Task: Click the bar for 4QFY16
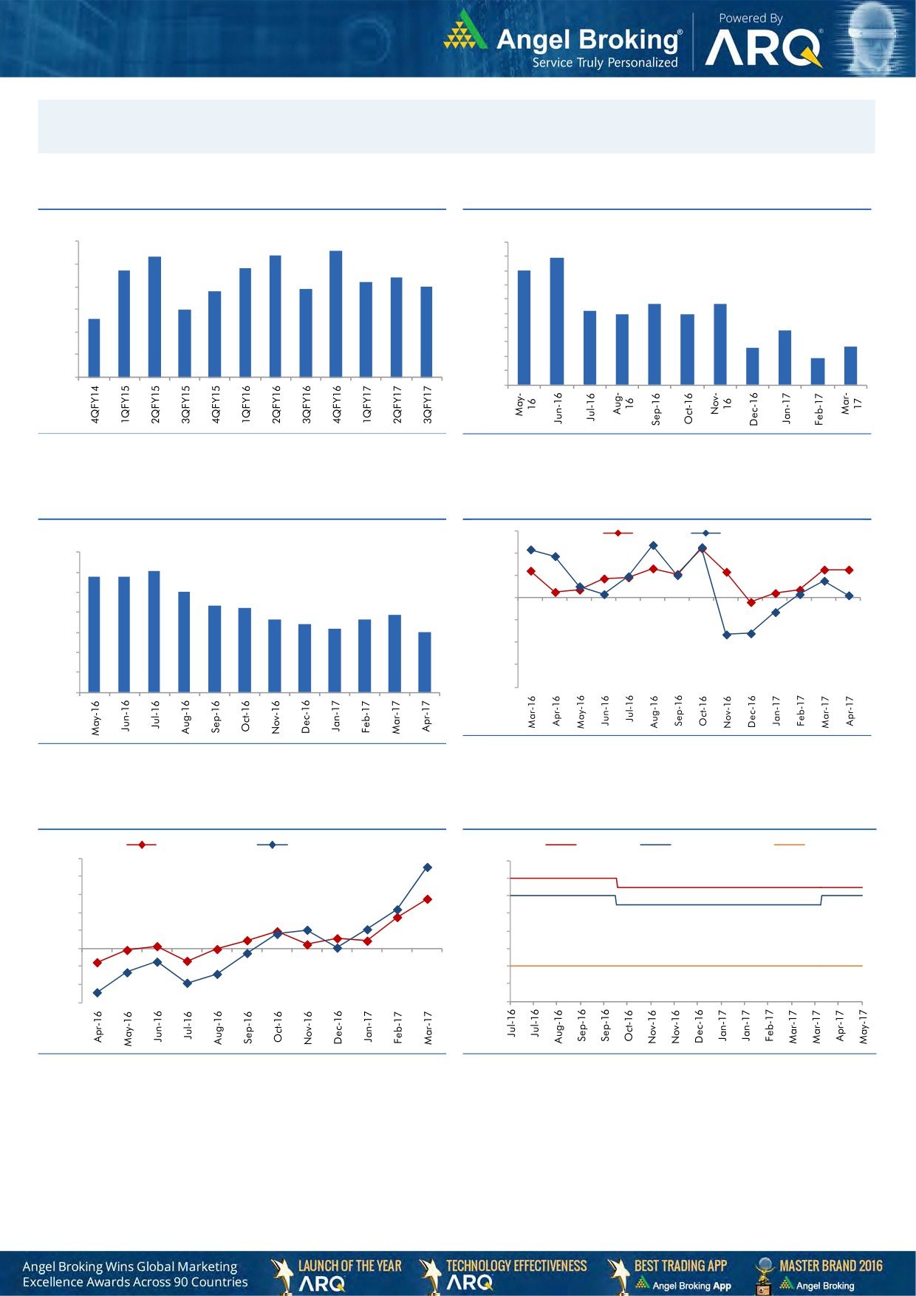[x=335, y=314]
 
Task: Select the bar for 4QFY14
[x=94, y=348]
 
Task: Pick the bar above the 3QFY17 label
[x=426, y=332]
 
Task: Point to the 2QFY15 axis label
[x=155, y=403]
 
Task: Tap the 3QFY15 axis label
[x=185, y=403]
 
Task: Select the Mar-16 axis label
[x=532, y=712]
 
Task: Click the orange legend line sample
[x=788, y=845]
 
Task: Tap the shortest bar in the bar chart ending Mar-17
[x=817, y=372]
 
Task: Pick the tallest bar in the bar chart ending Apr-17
[x=154, y=632]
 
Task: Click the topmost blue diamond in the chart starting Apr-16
[x=427, y=867]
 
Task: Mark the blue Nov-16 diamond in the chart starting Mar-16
[x=727, y=635]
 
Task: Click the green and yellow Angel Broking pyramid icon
[x=465, y=31]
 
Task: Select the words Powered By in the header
[x=750, y=18]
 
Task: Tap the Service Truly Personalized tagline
[x=605, y=63]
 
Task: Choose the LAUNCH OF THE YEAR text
[x=349, y=1266]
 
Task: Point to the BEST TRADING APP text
[x=680, y=1266]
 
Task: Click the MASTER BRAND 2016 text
[x=830, y=1266]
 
